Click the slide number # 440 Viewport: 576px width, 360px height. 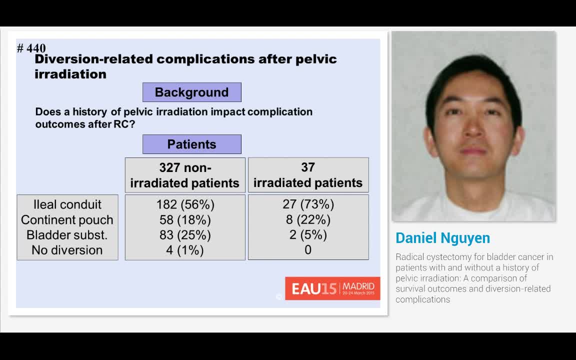[x=31, y=48]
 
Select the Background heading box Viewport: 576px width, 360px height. [x=191, y=92]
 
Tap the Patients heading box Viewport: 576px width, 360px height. [x=191, y=144]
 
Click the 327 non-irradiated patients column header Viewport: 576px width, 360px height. [x=185, y=175]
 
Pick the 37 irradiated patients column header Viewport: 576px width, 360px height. [x=308, y=175]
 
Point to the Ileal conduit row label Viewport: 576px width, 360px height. [x=67, y=204]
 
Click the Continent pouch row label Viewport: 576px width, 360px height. [x=67, y=219]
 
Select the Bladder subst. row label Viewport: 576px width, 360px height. [x=67, y=235]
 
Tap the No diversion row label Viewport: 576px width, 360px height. [x=67, y=250]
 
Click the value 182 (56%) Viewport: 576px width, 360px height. [x=185, y=204]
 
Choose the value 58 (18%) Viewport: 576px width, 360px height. [x=185, y=219]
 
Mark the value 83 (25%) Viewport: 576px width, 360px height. [x=185, y=235]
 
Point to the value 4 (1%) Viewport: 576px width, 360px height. [x=185, y=250]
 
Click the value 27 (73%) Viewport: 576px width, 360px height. [x=308, y=204]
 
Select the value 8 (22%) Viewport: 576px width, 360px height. [x=308, y=219]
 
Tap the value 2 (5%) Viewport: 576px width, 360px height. [x=308, y=235]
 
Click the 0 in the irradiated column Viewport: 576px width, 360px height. [x=308, y=250]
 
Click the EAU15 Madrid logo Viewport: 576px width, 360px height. [x=332, y=288]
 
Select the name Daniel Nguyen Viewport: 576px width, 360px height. [x=442, y=238]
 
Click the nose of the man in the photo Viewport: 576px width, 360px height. [x=472, y=131]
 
